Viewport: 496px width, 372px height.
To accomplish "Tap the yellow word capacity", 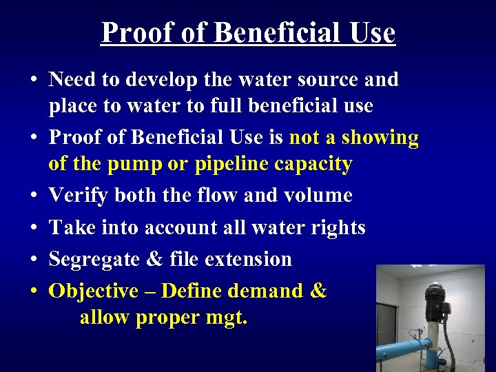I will tap(317, 164).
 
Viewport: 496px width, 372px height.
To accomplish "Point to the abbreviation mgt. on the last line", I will tap(224, 318).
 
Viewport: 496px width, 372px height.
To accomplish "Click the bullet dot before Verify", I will tap(32, 196).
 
